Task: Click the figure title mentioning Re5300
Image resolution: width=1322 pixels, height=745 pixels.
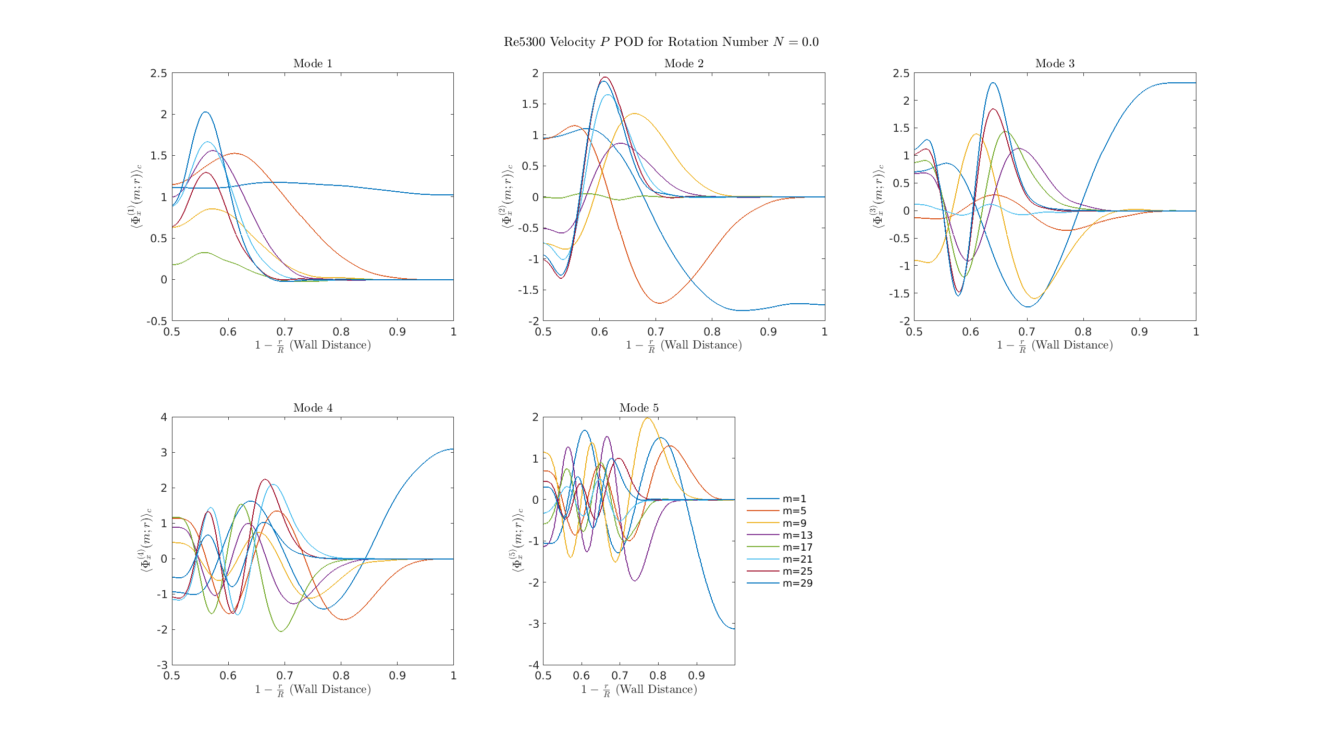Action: pyautogui.click(x=661, y=42)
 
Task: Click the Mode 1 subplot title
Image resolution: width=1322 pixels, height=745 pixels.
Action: pyautogui.click(x=313, y=64)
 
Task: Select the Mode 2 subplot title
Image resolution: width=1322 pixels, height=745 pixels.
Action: pyautogui.click(x=684, y=64)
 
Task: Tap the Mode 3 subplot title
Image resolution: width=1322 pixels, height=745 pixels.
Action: pyautogui.click(x=1055, y=64)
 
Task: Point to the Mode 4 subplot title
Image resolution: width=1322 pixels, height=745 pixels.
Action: pyautogui.click(x=313, y=408)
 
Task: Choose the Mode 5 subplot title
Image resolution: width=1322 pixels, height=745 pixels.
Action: pyautogui.click(x=639, y=408)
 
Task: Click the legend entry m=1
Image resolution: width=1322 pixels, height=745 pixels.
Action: pyautogui.click(x=794, y=499)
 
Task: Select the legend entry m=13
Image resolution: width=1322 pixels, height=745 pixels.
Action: pyautogui.click(x=797, y=535)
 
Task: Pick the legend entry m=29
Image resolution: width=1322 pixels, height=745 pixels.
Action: pyautogui.click(x=797, y=583)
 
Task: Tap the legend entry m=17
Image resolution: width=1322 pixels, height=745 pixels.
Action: pyautogui.click(x=797, y=547)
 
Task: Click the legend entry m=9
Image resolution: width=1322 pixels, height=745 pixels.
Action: pyautogui.click(x=794, y=523)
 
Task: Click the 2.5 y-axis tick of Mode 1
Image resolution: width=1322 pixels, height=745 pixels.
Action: pyautogui.click(x=159, y=73)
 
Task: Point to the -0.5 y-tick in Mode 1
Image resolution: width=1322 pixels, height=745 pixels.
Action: pyautogui.click(x=157, y=321)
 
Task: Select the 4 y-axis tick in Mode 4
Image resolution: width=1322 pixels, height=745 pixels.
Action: pyautogui.click(x=164, y=417)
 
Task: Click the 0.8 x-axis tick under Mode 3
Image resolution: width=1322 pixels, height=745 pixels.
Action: pyautogui.click(x=1083, y=332)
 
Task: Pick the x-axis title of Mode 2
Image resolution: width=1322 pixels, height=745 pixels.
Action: pyautogui.click(x=684, y=345)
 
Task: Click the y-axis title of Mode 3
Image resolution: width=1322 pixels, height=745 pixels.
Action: pyautogui.click(x=878, y=196)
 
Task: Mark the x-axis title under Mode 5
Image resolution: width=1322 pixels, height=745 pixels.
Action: pyautogui.click(x=639, y=690)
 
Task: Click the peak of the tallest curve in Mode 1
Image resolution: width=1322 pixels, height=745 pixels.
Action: pyautogui.click(x=205, y=112)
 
